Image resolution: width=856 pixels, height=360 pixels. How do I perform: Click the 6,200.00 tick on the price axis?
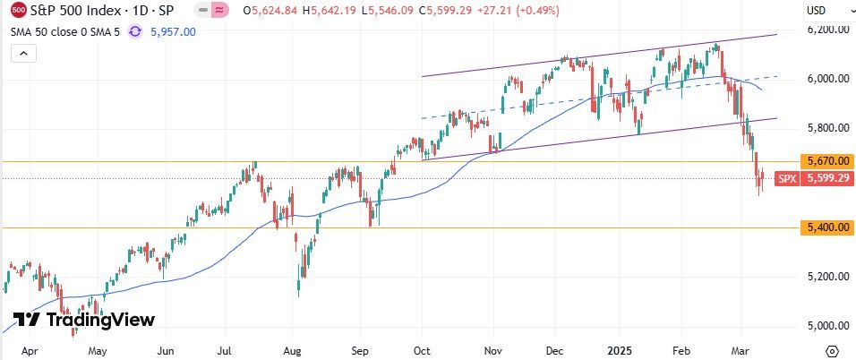click(x=826, y=30)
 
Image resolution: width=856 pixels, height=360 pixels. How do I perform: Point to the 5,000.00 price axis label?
click(x=826, y=326)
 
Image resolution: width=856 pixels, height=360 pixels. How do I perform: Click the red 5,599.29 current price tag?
click(x=827, y=178)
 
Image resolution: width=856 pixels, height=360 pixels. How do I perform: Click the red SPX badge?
click(x=787, y=178)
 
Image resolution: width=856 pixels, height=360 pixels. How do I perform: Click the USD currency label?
click(x=816, y=11)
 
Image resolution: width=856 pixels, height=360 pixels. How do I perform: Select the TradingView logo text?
click(x=84, y=320)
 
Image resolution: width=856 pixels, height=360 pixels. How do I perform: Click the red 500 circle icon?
click(x=18, y=11)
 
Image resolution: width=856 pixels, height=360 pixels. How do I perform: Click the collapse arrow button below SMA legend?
click(x=24, y=54)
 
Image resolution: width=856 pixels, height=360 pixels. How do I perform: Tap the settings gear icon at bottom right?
click(x=833, y=350)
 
